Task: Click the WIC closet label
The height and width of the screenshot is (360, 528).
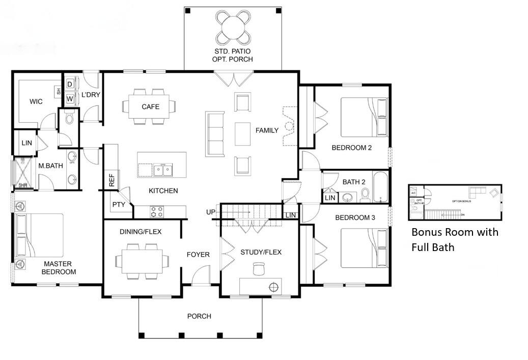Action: (36, 101)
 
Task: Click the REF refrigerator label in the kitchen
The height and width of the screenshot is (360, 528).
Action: (112, 181)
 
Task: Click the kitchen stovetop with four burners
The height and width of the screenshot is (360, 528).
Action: (157, 211)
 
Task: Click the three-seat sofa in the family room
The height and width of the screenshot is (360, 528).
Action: (215, 134)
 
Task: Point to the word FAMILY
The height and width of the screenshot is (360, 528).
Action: (267, 130)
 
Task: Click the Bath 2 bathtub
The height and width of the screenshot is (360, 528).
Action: (380, 187)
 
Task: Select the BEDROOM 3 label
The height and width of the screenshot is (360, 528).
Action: (355, 217)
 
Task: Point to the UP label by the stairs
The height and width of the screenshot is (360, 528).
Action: (211, 212)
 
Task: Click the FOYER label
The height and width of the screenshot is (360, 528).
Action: (198, 255)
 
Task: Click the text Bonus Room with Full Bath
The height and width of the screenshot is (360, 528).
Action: (455, 240)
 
